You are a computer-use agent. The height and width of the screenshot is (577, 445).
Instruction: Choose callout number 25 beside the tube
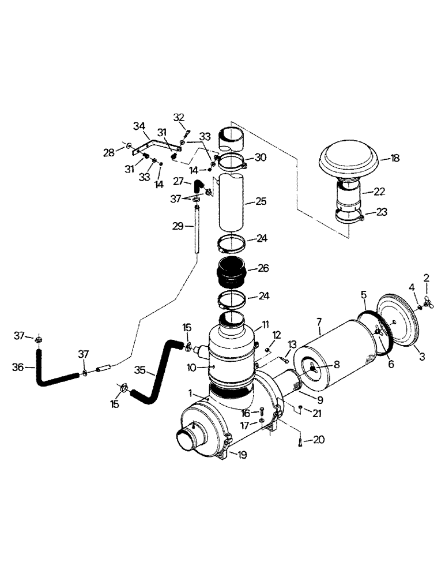click(x=261, y=203)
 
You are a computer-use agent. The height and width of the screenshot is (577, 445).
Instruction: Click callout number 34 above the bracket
click(x=139, y=126)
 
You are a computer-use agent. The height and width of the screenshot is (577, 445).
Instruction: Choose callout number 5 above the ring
click(x=364, y=294)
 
